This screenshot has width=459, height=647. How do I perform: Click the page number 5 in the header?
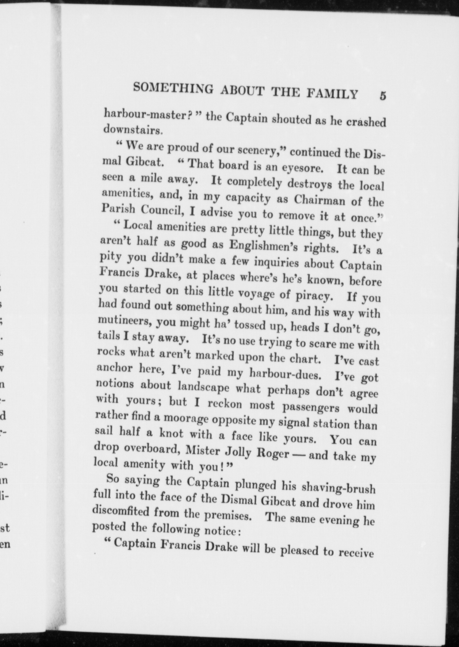382,96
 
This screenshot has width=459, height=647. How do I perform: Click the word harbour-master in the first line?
147,115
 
